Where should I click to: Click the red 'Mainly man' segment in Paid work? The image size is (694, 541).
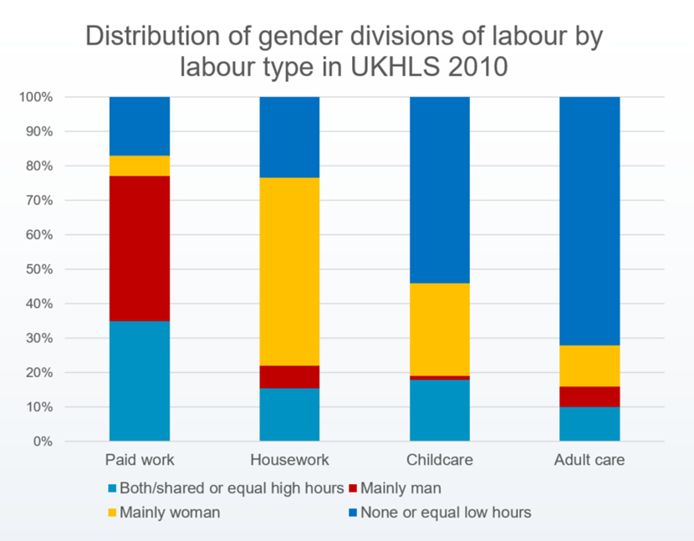pos(140,248)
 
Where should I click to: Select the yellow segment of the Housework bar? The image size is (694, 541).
pos(289,272)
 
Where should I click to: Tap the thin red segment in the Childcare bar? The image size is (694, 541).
pos(439,377)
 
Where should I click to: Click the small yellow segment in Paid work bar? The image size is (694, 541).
pos(140,166)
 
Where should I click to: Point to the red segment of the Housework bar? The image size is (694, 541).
pos(289,376)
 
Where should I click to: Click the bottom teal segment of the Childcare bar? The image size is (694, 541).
pos(439,410)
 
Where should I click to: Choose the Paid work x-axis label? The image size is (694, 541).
pos(140,460)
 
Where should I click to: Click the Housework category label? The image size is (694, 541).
pos(289,460)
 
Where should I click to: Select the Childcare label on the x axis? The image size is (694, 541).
pos(439,460)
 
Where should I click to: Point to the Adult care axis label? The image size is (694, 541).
pos(589,460)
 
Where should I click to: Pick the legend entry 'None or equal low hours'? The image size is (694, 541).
pos(446,513)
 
